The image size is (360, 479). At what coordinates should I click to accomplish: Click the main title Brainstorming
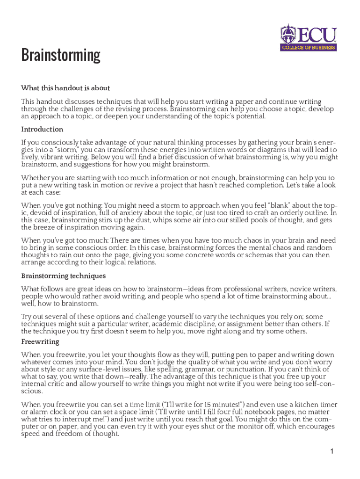coord(61,56)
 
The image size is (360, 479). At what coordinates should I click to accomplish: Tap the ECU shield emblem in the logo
coord(288,34)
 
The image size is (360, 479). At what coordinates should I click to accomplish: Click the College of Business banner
coord(309,47)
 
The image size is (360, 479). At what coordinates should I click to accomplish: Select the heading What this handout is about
coord(65,88)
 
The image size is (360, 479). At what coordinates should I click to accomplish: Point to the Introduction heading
coord(42,129)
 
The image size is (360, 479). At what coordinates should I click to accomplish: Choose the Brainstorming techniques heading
coord(64,276)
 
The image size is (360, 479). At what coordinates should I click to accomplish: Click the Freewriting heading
coord(40,342)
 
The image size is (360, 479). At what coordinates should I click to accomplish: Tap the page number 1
coord(331,451)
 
